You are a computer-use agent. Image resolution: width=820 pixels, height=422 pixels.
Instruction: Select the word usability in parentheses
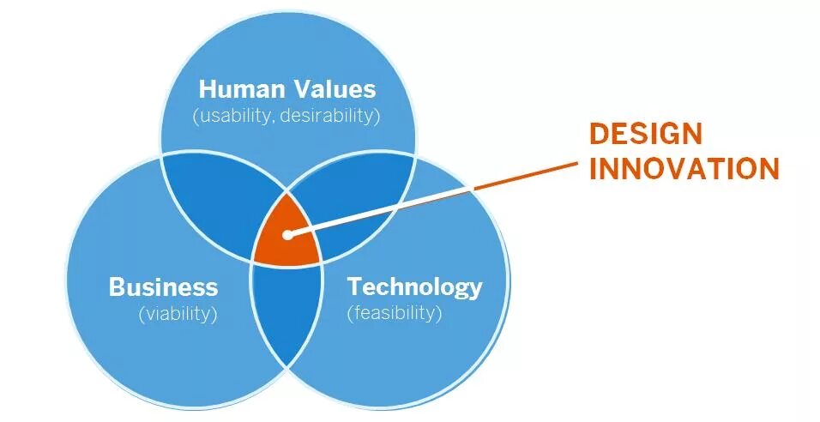234,115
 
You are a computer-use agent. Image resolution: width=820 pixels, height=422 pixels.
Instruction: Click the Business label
163,286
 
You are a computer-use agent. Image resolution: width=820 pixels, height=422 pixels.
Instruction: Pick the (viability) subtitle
178,314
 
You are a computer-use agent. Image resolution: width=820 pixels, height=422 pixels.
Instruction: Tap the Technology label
414,286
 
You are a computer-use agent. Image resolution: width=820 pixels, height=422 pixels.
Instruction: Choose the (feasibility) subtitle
395,313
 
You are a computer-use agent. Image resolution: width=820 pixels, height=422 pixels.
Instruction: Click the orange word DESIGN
645,134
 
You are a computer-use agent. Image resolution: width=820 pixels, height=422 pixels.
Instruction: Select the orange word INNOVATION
684,169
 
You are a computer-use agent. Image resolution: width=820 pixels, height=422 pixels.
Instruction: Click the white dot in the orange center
286,233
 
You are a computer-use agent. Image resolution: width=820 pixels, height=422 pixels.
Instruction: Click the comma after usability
272,119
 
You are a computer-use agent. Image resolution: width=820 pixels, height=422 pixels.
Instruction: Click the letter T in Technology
353,286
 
